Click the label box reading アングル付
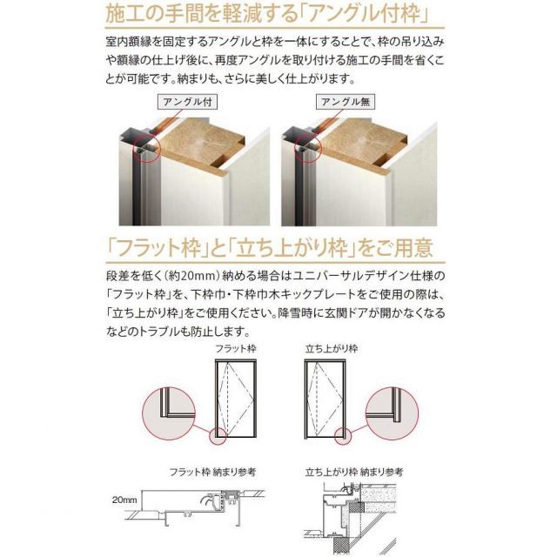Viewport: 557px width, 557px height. pyautogui.click(x=187, y=101)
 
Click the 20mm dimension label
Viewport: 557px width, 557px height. pyautogui.click(x=126, y=500)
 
